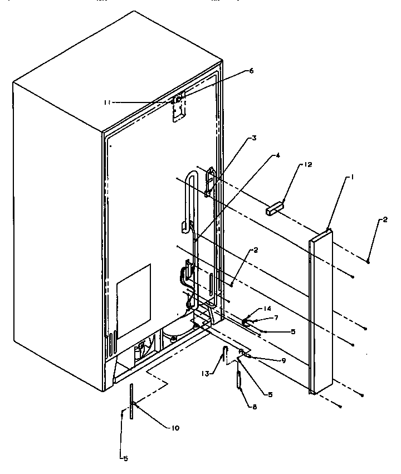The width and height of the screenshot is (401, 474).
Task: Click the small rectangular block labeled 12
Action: [275, 209]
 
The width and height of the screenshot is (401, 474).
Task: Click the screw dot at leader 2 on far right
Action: [369, 261]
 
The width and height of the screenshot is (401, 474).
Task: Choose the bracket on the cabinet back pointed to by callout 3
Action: [209, 182]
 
